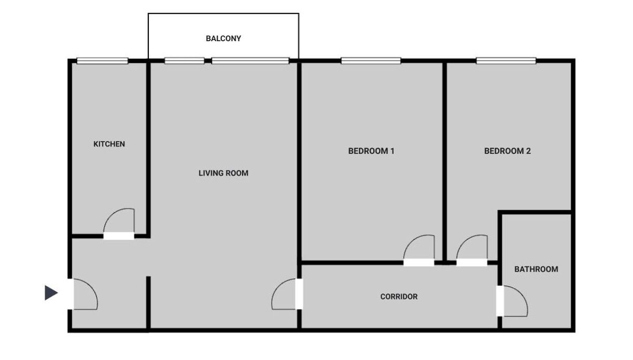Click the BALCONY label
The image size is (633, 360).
point(223,38)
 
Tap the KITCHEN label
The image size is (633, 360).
point(109,144)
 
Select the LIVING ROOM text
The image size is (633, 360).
point(223,173)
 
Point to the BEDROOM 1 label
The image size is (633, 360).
point(371,151)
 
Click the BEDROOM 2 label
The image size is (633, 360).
point(508,151)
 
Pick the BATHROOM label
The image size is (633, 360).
point(536,269)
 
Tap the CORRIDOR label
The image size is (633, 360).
point(399,297)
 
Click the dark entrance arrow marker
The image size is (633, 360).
point(51,292)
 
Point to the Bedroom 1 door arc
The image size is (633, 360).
point(412,242)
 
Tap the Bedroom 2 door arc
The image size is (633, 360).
point(465,242)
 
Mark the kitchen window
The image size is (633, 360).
point(103,61)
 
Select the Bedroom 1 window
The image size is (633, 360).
point(371,61)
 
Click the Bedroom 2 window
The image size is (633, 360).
point(506,61)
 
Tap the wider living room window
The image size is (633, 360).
point(250,61)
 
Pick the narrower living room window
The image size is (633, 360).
point(184,61)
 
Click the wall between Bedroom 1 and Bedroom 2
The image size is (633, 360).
point(445,162)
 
